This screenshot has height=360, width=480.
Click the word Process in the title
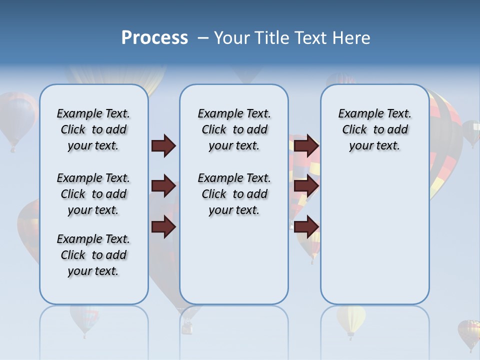point(154,38)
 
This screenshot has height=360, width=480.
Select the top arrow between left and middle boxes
point(163,145)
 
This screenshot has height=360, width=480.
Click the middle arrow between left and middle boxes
point(163,186)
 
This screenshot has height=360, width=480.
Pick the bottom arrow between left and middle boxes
point(163,227)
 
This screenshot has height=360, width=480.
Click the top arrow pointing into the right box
point(306,145)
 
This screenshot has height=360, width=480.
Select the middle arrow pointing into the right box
point(306,186)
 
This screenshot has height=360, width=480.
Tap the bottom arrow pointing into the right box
point(306,227)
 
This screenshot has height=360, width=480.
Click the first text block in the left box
point(93,129)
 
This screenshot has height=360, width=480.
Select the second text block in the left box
point(93,194)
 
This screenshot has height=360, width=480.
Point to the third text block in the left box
point(93,255)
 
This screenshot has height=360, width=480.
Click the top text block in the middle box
point(234,129)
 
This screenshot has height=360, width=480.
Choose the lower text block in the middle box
point(234,194)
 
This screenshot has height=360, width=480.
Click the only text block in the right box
point(374,129)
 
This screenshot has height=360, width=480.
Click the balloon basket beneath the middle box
point(187,327)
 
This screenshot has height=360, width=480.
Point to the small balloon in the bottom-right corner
point(468,333)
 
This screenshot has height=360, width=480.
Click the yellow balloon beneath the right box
point(351,319)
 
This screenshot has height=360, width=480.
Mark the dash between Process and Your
point(203,38)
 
